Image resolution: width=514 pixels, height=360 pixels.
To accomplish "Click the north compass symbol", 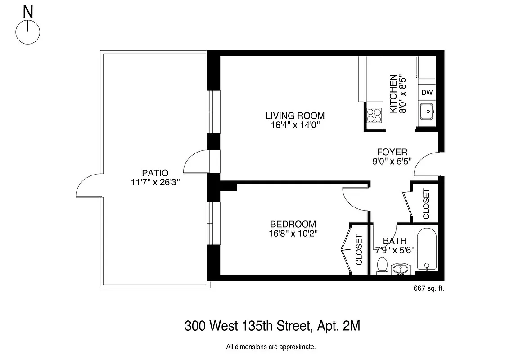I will coord(28,31).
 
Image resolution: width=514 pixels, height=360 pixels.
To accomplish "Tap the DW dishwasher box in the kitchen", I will coord(427,93).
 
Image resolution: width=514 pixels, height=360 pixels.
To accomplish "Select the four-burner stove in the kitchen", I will coord(373,116).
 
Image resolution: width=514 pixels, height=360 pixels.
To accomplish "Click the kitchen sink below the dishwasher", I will coord(426,111).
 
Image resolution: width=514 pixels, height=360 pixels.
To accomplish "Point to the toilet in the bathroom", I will coord(382,265).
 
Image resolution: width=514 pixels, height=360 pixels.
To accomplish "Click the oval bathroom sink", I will coord(400,269).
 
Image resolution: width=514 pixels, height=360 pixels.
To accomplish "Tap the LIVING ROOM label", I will coord(295,116).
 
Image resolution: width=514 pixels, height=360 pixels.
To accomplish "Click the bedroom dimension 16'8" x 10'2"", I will coord(293,233).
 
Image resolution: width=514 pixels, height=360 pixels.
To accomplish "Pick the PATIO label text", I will coord(155,173).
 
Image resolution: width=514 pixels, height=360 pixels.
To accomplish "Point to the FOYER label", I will coord(392,152).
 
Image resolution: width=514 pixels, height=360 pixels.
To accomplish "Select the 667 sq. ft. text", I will coord(428,288).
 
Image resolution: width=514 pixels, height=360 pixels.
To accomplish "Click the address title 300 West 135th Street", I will coord(272,326).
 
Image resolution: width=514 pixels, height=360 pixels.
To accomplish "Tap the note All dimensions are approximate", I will coord(271,347).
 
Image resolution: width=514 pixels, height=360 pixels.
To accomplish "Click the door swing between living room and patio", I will coord(195,162).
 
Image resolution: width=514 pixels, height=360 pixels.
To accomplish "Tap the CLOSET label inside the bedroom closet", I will coord(359,249).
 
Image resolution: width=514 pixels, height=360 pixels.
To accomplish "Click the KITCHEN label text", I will coord(392,94).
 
